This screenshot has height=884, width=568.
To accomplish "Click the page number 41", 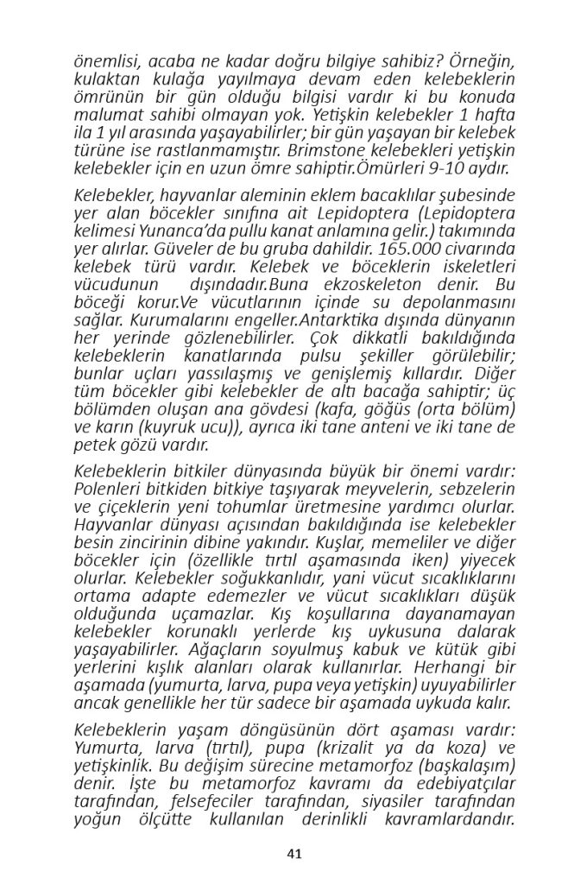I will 293,854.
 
